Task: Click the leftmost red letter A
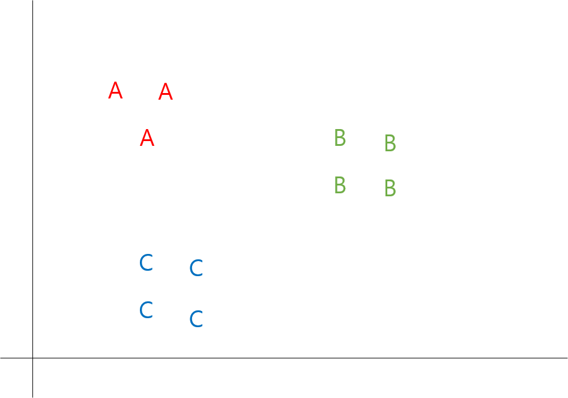click(x=115, y=91)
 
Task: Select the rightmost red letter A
click(x=165, y=92)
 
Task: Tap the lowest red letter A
click(x=147, y=139)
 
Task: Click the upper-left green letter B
click(x=339, y=138)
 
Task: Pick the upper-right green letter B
click(x=390, y=143)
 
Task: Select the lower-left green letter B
click(x=339, y=185)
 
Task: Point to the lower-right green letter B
click(x=390, y=188)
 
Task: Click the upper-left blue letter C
click(x=146, y=263)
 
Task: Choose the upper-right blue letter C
click(x=196, y=268)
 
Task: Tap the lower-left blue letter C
click(x=146, y=310)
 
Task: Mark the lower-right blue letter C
click(x=196, y=319)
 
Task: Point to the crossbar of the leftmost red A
click(x=115, y=94)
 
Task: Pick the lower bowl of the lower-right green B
click(x=392, y=192)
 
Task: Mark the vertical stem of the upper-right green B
click(x=386, y=143)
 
